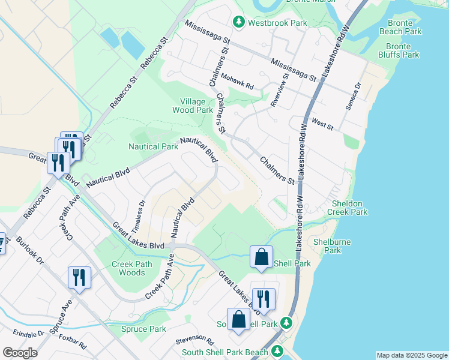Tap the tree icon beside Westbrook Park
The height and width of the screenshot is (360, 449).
(238, 22)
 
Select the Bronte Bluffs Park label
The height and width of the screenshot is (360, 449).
(402, 50)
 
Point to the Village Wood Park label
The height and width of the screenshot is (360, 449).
(192, 106)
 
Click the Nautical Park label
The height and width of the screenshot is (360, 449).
(152, 146)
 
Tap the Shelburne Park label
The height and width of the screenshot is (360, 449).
(332, 247)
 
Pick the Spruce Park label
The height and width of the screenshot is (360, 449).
(143, 329)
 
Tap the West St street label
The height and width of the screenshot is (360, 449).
(322, 125)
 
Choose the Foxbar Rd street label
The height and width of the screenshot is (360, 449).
(73, 342)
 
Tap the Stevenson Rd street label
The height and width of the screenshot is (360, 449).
(195, 341)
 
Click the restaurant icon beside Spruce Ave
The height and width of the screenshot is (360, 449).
(79, 277)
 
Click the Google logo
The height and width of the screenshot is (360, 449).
(20, 353)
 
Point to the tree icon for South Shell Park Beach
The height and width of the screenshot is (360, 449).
(277, 350)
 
